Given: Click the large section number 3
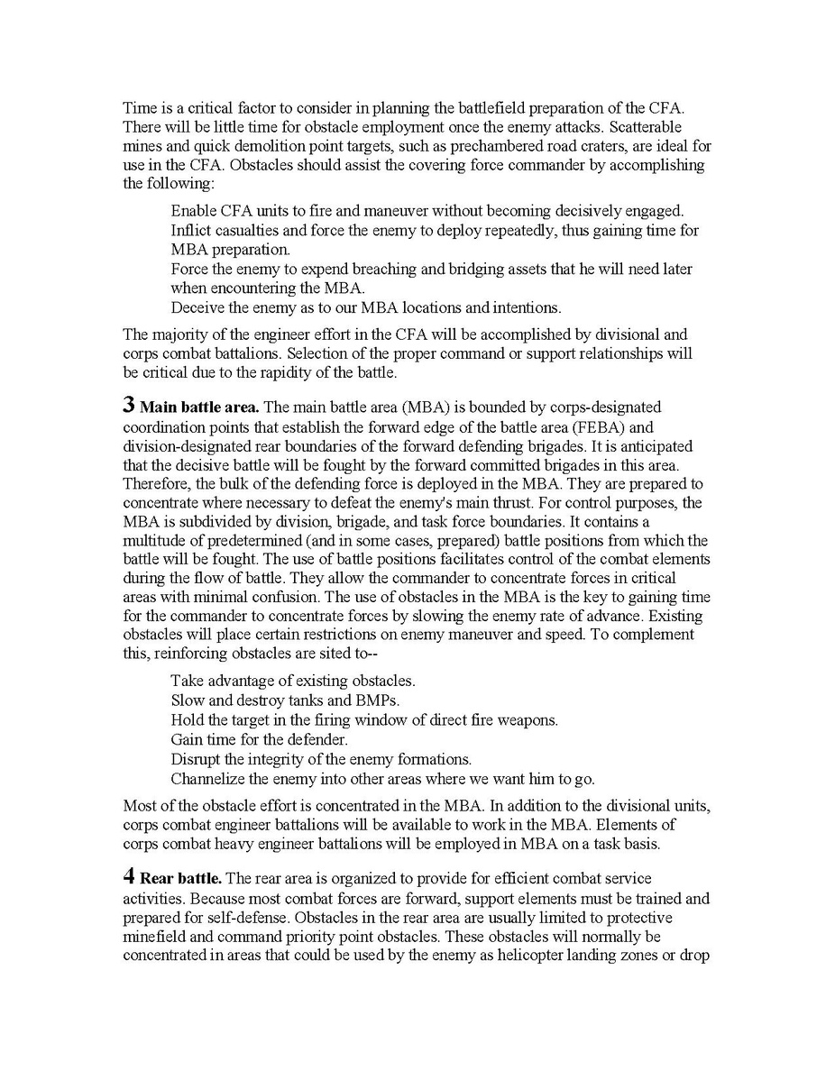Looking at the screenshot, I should coord(129,406).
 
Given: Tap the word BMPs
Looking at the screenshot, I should coord(372,700).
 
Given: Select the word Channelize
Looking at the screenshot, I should coord(206,778).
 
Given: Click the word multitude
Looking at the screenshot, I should coord(156,540).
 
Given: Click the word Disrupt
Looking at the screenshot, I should coord(196,759).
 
